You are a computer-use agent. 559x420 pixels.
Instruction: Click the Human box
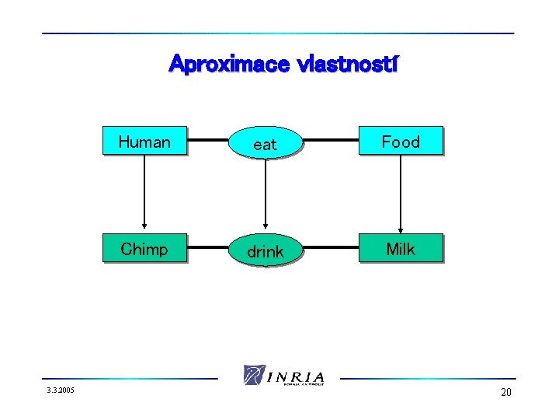(145, 142)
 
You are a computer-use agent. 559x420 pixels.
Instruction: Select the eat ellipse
(266, 143)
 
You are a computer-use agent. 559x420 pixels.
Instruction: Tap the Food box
(401, 142)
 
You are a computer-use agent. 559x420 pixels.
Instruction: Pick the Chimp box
(145, 249)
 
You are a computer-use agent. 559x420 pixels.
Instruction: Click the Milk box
(401, 249)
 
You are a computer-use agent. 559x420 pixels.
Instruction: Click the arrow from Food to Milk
(401, 191)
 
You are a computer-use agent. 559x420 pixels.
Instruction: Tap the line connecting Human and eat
(207, 142)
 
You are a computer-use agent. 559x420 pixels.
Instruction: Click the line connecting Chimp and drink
(207, 249)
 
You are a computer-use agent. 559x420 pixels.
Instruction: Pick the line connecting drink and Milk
(332, 249)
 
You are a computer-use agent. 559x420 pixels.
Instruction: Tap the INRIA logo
(284, 375)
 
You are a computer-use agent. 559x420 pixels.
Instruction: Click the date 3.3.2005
(59, 390)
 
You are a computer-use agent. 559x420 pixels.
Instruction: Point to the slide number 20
(506, 392)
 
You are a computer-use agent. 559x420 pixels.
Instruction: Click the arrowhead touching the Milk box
(401, 229)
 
